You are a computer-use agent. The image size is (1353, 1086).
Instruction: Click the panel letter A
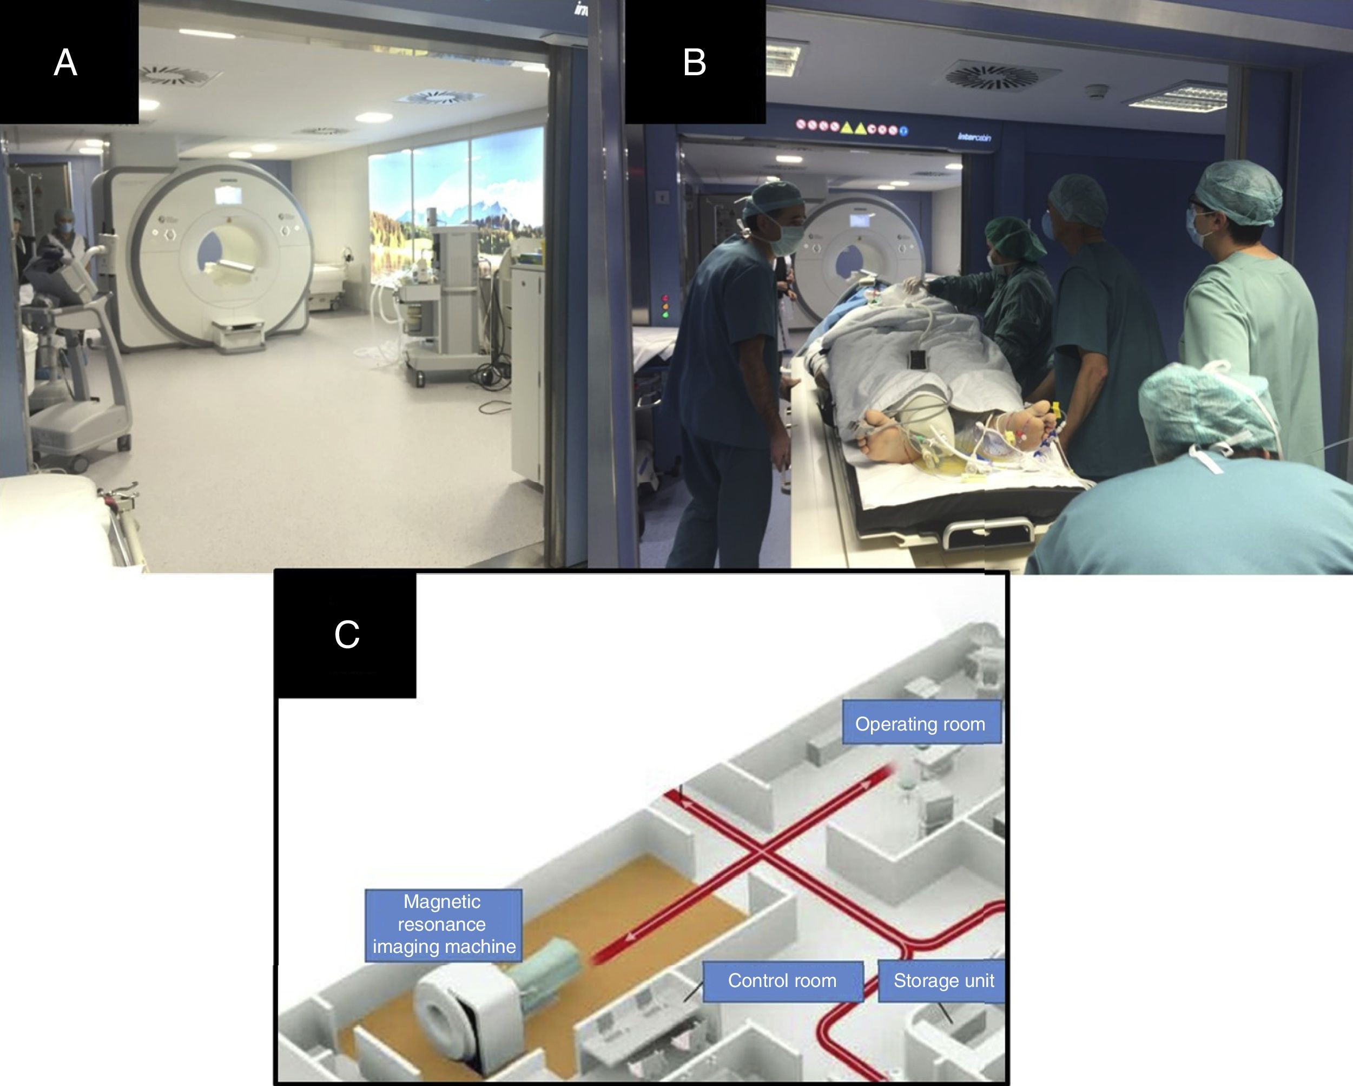pyautogui.click(x=65, y=63)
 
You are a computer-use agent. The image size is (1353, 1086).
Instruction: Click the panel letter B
pyautogui.click(x=694, y=63)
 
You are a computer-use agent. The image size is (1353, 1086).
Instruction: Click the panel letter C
pyautogui.click(x=346, y=635)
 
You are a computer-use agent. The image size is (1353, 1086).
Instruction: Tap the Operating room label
pyautogui.click(x=920, y=724)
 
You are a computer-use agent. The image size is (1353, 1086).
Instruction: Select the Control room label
pyautogui.click(x=782, y=980)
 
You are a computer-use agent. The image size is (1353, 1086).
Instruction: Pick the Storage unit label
pyautogui.click(x=943, y=980)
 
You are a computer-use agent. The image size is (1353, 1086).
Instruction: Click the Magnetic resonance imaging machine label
pyautogui.click(x=443, y=924)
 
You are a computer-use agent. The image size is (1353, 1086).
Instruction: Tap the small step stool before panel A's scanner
pyautogui.click(x=237, y=336)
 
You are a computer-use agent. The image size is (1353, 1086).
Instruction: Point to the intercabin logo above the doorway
pyautogui.click(x=974, y=137)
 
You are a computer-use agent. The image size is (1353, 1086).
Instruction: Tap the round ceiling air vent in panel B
pyautogui.click(x=992, y=77)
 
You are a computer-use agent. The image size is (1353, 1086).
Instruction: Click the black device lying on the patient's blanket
pyautogui.click(x=917, y=360)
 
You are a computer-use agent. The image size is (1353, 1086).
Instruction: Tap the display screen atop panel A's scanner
pyautogui.click(x=228, y=195)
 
